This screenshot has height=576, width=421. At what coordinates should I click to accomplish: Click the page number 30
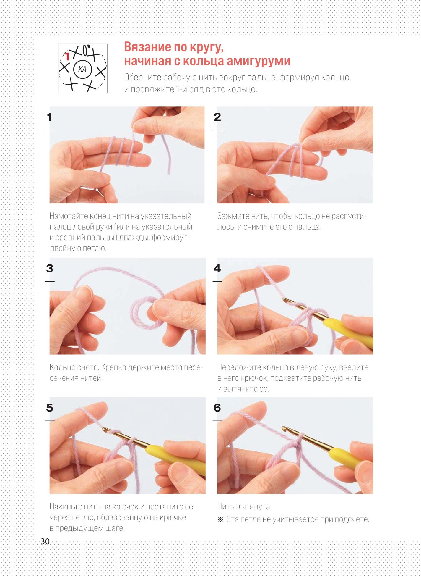click(x=45, y=541)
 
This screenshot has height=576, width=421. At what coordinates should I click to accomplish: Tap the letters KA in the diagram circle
click(x=82, y=69)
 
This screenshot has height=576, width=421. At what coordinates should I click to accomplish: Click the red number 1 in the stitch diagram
click(x=67, y=57)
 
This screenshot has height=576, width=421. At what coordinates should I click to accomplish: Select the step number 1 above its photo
click(x=49, y=117)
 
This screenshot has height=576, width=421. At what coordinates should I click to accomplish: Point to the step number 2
click(x=217, y=117)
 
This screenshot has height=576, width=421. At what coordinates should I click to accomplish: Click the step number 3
click(x=49, y=268)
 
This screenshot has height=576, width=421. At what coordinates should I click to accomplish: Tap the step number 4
click(x=217, y=268)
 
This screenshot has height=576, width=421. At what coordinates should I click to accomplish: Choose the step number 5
click(x=49, y=408)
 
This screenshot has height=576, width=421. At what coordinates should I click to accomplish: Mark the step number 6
click(x=217, y=408)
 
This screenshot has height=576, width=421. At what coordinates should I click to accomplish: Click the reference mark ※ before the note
click(x=220, y=519)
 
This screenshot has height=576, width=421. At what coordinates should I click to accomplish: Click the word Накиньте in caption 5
click(x=66, y=507)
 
